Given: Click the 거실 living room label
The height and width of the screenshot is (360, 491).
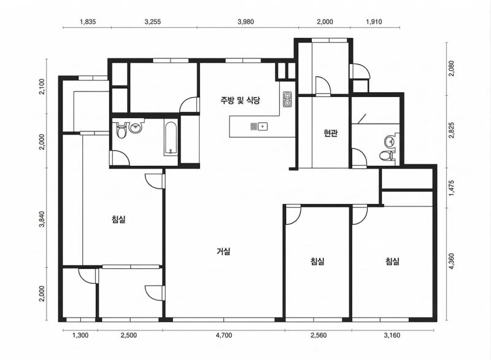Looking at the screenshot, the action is [223, 251].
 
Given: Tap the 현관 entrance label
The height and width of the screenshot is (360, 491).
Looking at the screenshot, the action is [330, 133].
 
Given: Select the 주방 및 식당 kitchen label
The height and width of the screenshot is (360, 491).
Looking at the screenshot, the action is [240, 100].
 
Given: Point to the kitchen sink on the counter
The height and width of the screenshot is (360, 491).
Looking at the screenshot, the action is [259, 127].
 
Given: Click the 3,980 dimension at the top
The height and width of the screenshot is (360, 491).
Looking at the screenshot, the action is [245, 22].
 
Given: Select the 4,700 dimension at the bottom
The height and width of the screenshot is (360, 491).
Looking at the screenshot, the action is [224, 335].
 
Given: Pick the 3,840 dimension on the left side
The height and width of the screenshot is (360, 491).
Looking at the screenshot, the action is [42, 219].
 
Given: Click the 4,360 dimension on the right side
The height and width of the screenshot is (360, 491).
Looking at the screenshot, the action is [451, 261].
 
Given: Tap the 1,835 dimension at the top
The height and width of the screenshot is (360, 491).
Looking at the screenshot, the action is [88, 22].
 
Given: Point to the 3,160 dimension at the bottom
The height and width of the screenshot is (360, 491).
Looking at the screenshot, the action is [392, 335].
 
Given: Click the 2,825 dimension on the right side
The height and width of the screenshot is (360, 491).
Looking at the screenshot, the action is [451, 130].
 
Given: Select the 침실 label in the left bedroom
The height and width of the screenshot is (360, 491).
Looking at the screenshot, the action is [118, 219].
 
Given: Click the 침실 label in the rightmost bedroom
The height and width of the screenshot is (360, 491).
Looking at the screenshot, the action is [392, 261].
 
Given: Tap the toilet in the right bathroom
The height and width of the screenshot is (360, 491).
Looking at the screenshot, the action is [385, 155].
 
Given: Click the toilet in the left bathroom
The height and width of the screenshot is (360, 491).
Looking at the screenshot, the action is [121, 131].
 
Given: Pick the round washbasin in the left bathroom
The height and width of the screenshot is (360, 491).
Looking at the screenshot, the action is [136, 128].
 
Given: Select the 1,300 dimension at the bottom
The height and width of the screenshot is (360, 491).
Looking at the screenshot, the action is [80, 335].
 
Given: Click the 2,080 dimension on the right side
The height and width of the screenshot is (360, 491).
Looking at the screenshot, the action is [451, 69].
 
